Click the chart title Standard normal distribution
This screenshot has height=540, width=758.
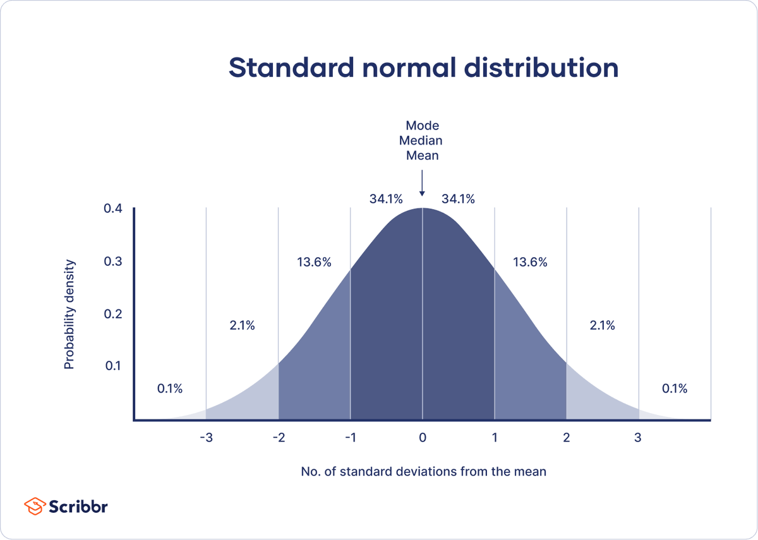pyautogui.click(x=423, y=68)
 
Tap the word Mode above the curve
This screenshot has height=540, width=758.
pyautogui.click(x=422, y=125)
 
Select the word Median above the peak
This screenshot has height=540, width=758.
pyautogui.click(x=422, y=140)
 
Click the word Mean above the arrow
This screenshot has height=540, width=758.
pyautogui.click(x=422, y=155)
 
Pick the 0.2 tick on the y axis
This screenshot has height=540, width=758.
pyautogui.click(x=113, y=314)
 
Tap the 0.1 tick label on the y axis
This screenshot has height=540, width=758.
pyautogui.click(x=113, y=366)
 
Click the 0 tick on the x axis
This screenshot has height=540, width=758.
pyautogui.click(x=423, y=438)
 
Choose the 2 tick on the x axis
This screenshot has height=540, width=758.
pyautogui.click(x=567, y=438)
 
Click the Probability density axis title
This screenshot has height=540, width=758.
pyautogui.click(x=69, y=313)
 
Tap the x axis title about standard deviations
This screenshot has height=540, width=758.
pyautogui.click(x=422, y=471)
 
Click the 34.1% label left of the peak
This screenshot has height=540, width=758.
pyautogui.click(x=385, y=199)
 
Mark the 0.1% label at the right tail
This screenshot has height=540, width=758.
pyautogui.click(x=674, y=388)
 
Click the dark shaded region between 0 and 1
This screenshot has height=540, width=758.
pyautogui.click(x=458, y=328)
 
